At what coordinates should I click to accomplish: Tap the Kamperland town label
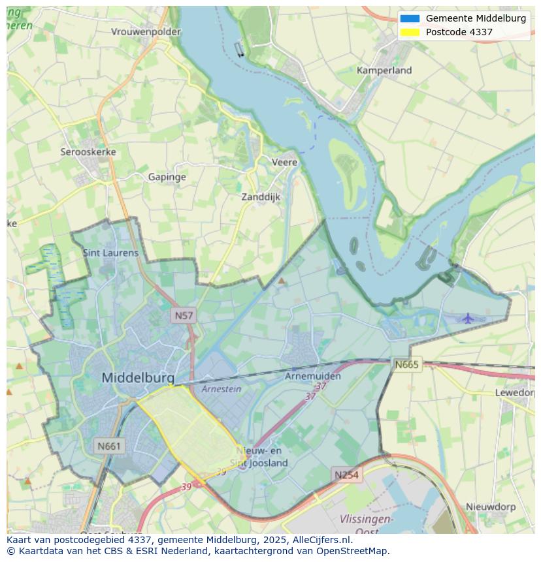(x=384, y=70)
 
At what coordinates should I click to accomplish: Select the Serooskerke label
(x=88, y=152)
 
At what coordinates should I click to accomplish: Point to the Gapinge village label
(x=167, y=177)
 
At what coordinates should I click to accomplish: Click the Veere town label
(x=284, y=162)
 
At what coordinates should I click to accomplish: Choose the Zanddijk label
(x=261, y=196)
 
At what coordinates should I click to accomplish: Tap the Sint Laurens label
(x=110, y=253)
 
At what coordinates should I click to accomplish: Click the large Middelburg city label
(x=138, y=377)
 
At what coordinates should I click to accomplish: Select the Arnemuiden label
(x=313, y=377)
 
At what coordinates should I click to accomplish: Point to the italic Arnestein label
(x=221, y=389)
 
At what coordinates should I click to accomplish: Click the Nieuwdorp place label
(x=491, y=507)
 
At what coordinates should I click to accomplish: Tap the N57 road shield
(x=184, y=316)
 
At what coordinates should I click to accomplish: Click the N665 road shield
(x=406, y=365)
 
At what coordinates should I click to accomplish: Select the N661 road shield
(x=108, y=446)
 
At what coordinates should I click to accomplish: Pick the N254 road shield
(x=346, y=475)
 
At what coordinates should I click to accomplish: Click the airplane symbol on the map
(x=468, y=319)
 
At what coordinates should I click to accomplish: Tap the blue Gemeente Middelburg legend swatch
(x=410, y=18)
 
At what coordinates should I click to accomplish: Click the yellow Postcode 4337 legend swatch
(x=410, y=32)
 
